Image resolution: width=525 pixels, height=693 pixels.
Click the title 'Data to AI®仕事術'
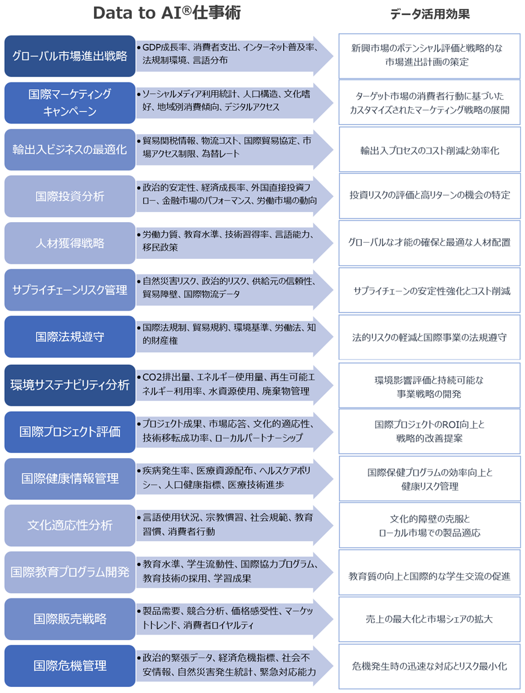tap(167, 14)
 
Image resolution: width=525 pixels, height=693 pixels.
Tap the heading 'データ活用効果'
tap(429, 14)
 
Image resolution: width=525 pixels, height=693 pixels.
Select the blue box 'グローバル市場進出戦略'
tap(70, 56)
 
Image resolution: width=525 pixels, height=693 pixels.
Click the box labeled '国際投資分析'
tap(70, 196)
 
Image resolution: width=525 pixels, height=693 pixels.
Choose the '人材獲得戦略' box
tap(70, 243)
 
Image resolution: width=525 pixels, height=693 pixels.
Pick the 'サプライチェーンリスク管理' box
tap(70, 290)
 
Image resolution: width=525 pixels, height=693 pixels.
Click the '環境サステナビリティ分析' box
tap(70, 385)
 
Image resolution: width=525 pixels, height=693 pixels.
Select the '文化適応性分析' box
tap(70, 525)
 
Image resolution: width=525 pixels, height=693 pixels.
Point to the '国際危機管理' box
tap(70, 666)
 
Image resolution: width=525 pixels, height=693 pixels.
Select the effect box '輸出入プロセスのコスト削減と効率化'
tap(429, 151)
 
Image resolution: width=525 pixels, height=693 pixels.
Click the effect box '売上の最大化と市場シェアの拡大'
tap(429, 619)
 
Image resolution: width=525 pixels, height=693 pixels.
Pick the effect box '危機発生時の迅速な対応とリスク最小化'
tap(429, 666)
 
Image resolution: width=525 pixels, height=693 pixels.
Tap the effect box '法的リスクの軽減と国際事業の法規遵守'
tap(429, 337)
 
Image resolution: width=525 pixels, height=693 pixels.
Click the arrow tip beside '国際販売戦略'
tap(325, 619)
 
